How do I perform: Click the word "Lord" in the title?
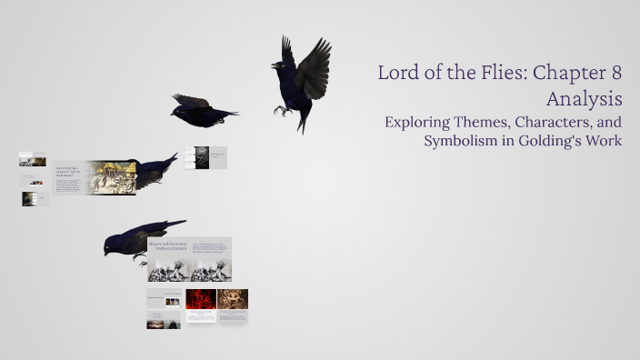(x=397, y=74)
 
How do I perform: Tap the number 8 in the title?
(x=615, y=74)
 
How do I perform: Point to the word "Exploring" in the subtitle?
(x=418, y=121)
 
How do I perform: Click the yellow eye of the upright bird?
(x=276, y=65)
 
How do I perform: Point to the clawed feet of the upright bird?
(x=282, y=110)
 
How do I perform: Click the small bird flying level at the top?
(x=200, y=109)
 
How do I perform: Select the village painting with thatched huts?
(x=110, y=175)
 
